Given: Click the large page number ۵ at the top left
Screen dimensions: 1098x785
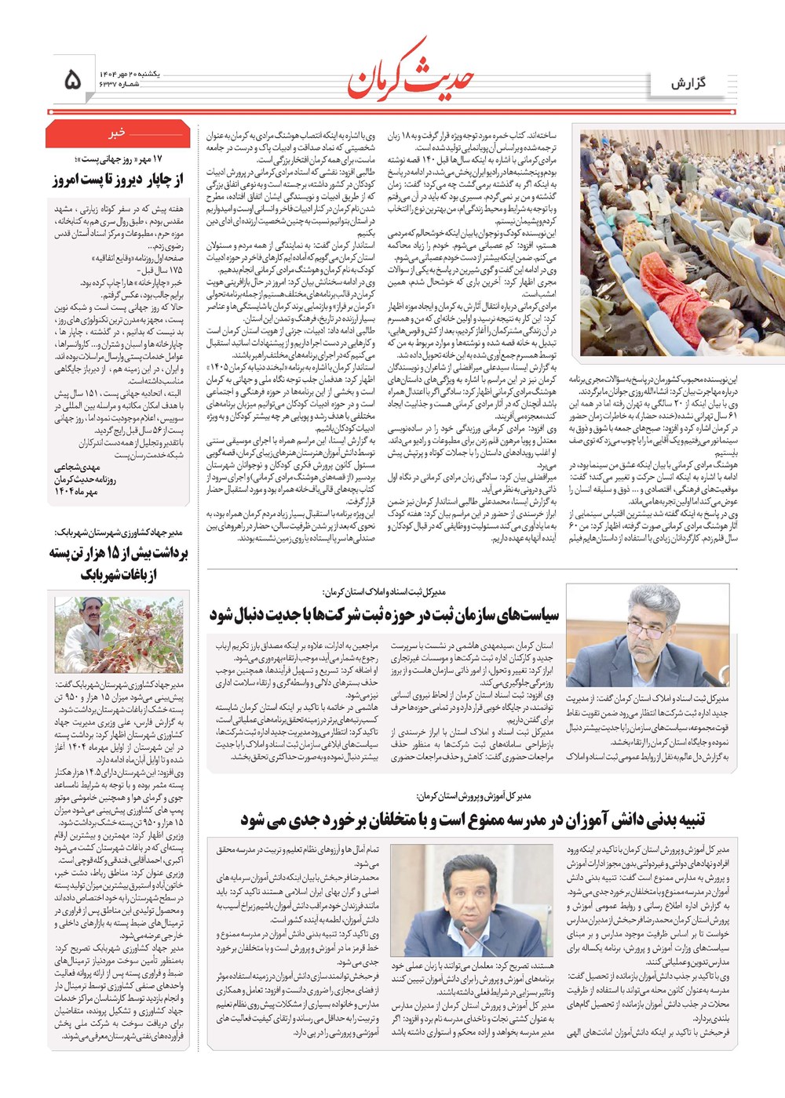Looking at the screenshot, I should (71, 78).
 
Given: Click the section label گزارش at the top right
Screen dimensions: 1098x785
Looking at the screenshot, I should (688, 83).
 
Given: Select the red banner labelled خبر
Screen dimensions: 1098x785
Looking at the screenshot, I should (118, 133).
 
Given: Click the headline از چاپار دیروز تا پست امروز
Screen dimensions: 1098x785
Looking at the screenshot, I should (118, 180).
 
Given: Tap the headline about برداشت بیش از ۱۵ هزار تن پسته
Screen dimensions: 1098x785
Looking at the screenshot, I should (118, 563).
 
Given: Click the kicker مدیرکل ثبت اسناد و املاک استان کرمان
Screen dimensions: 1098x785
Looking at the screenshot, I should (384, 591).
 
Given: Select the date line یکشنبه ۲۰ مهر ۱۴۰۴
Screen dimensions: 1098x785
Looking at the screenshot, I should (130, 72).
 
